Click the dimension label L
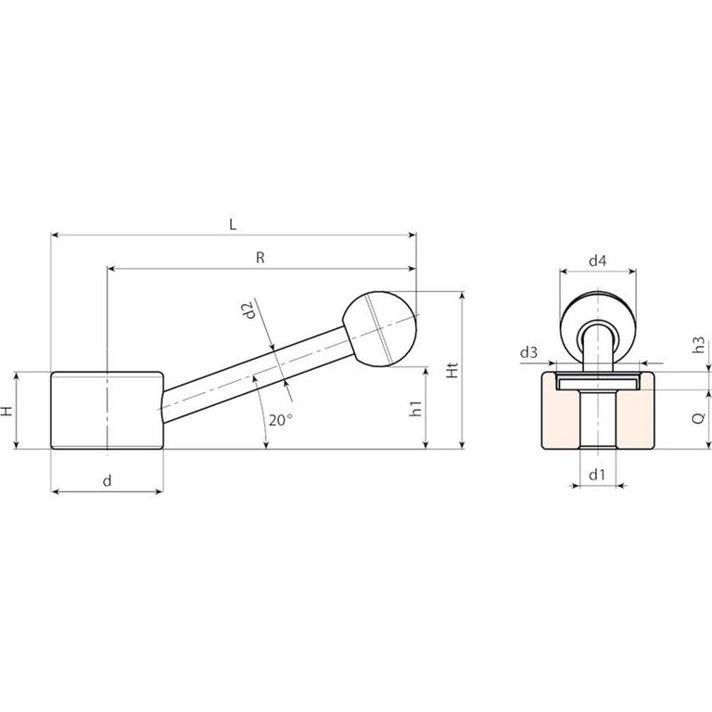(233, 224)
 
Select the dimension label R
(261, 258)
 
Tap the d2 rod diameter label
(248, 311)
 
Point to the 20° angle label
(280, 420)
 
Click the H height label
(6, 412)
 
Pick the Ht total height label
(452, 371)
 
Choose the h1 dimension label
(416, 409)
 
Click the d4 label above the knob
(598, 261)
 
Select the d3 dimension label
(528, 352)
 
